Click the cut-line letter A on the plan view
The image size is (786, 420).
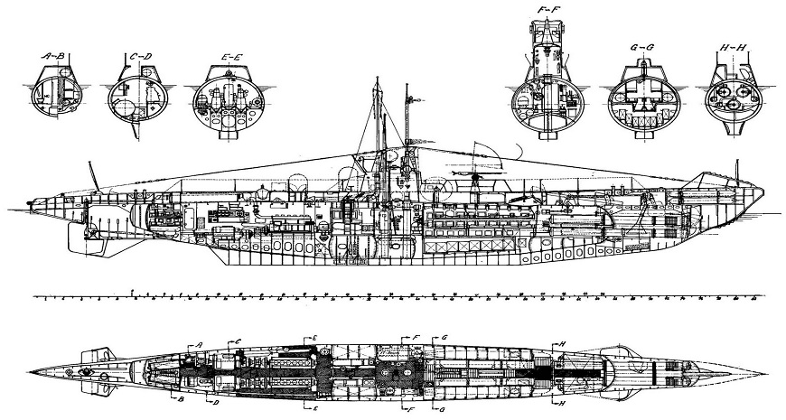pyautogui.click(x=198, y=346)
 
